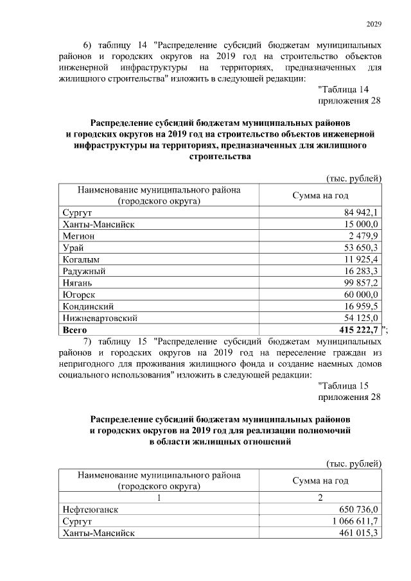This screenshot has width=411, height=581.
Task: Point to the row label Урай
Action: [73, 247]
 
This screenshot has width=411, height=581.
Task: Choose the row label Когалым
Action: [82, 259]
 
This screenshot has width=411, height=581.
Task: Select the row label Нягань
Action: [78, 282]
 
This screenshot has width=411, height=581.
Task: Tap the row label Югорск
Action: [79, 294]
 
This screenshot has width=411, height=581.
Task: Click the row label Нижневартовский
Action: [100, 318]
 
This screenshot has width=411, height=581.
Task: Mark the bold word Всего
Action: [75, 329]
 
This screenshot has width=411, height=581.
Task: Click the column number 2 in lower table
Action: [320, 498]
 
